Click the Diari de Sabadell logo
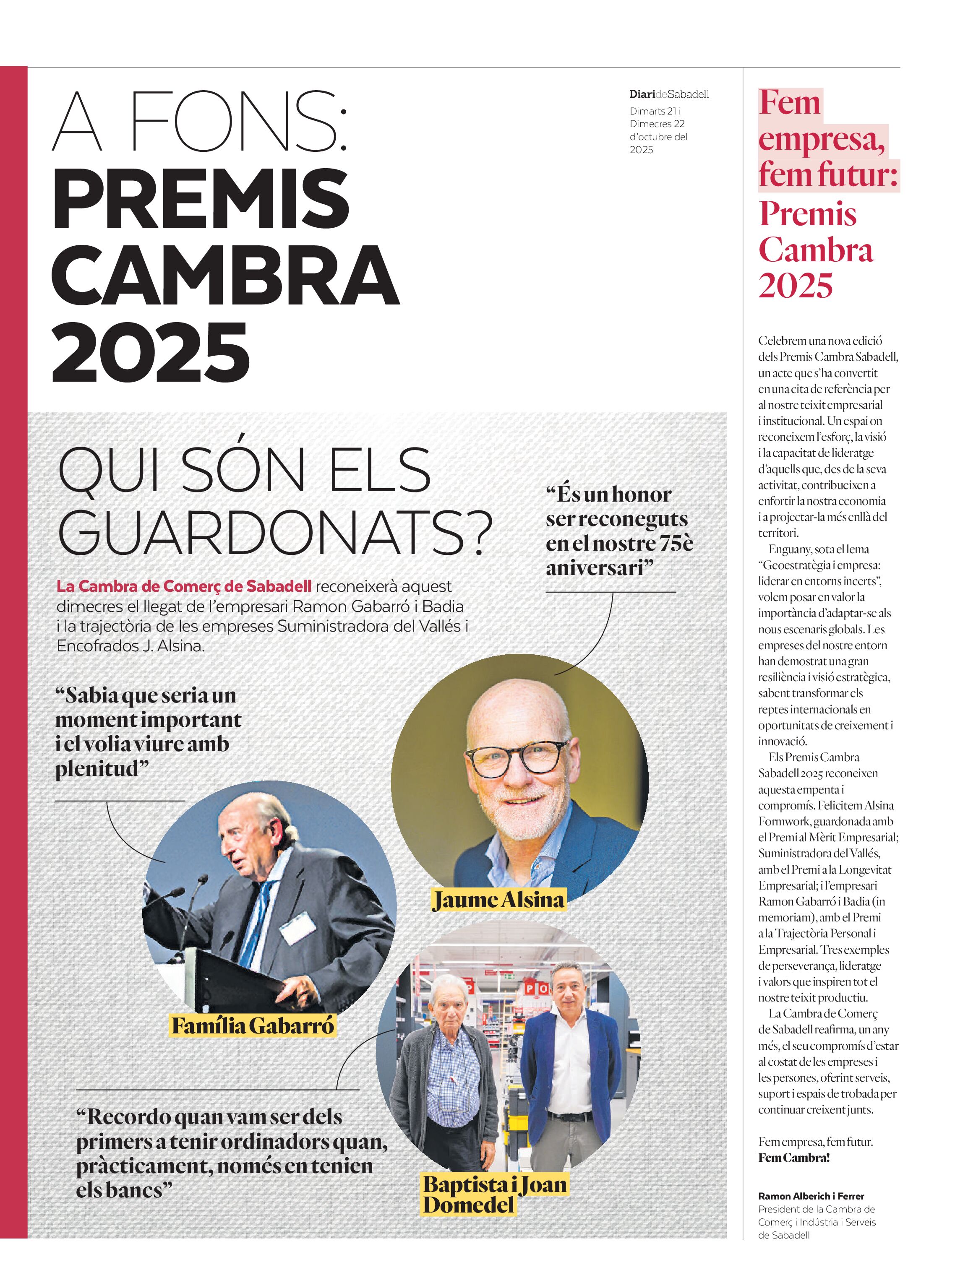669,94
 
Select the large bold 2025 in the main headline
151,353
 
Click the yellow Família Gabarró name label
253,1026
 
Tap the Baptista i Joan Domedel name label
495,1195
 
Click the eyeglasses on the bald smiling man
518,757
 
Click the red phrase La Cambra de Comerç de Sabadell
184,586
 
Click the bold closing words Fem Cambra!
794,1158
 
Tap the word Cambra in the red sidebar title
816,250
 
